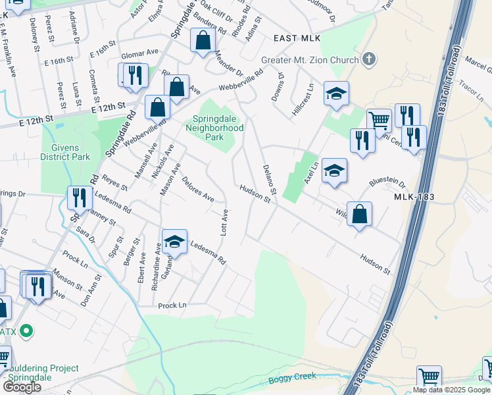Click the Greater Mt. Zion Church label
pyautogui.click(x=309, y=60)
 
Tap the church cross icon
pyautogui.click(x=368, y=59)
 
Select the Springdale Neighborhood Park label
pyautogui.click(x=218, y=128)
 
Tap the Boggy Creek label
pyautogui.click(x=293, y=378)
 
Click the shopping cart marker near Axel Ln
pyautogui.click(x=379, y=121)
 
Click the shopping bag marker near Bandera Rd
pyautogui.click(x=203, y=40)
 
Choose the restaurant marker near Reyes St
pyautogui.click(x=79, y=197)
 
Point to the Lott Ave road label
pyautogui.click(x=224, y=223)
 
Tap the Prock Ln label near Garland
pyautogui.click(x=172, y=305)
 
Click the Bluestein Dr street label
pyautogui.click(x=388, y=181)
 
